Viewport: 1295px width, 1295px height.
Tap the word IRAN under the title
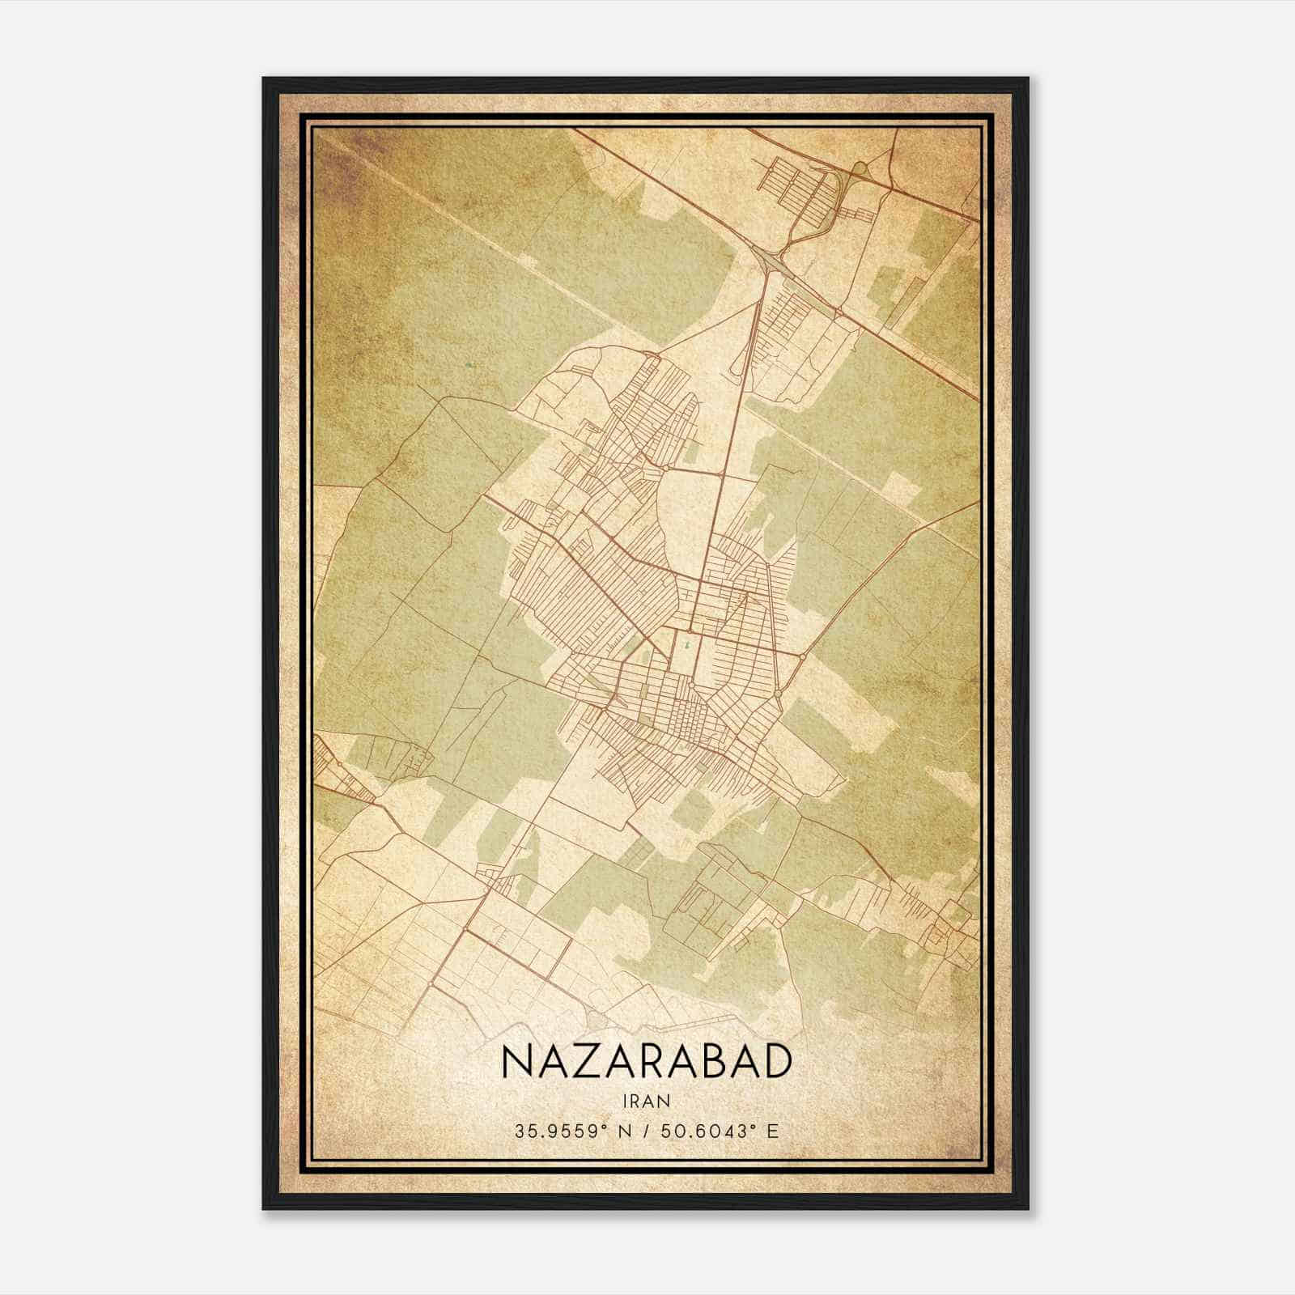(x=646, y=1100)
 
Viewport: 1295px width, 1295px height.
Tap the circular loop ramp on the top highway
(x=859, y=168)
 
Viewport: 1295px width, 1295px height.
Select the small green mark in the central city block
(x=687, y=645)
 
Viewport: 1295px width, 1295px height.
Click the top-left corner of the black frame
(x=264, y=79)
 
